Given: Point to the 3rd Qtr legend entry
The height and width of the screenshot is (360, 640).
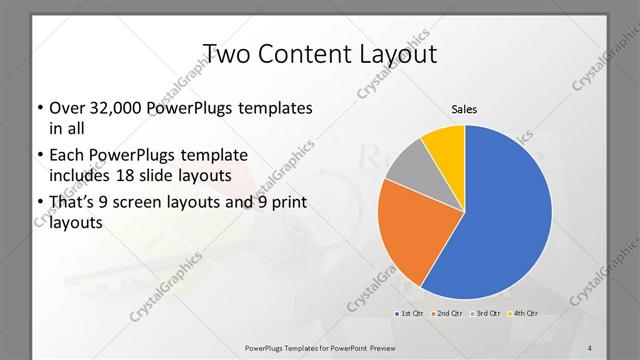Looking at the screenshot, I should point(487,314).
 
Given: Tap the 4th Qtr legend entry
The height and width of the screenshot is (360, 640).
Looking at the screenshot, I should point(524,314).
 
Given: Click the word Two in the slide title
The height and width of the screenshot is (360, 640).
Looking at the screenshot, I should point(227,53).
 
